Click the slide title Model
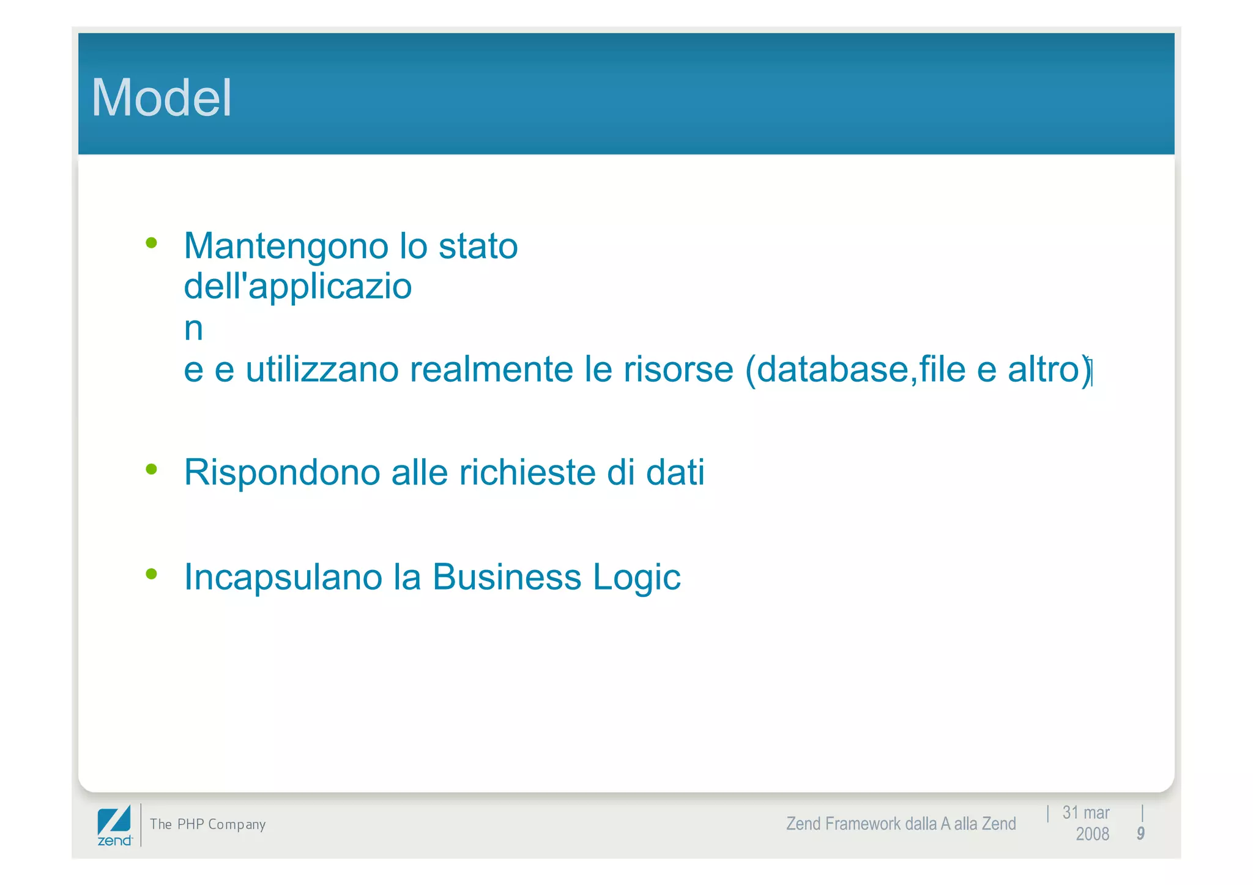(x=162, y=98)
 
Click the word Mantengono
(x=286, y=246)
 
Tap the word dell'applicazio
(x=297, y=286)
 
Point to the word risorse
(x=678, y=369)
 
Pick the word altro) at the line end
(x=1049, y=369)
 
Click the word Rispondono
(x=282, y=473)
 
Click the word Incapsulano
(x=283, y=577)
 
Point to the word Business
(x=507, y=577)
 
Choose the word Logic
(x=636, y=578)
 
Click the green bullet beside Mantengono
(x=152, y=243)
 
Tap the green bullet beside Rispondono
(x=152, y=470)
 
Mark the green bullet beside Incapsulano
(x=152, y=574)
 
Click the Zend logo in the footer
(x=114, y=826)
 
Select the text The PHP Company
(x=208, y=824)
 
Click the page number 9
(x=1140, y=834)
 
